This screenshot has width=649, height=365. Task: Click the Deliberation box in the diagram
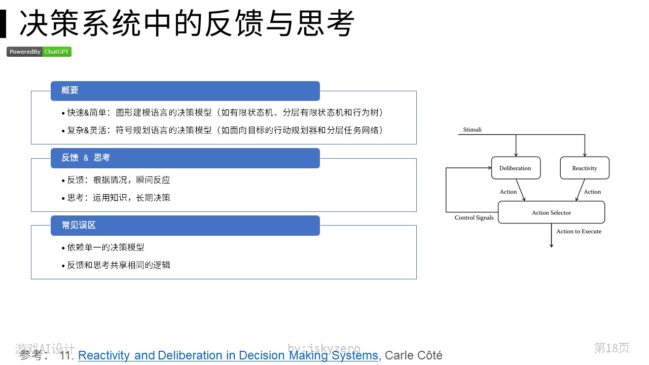[516, 168]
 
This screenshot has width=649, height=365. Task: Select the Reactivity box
[585, 168]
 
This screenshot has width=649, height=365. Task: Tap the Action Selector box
[551, 212]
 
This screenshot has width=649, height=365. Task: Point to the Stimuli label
[472, 130]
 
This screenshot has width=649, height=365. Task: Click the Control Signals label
[474, 218]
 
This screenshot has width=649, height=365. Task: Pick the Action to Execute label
[579, 232]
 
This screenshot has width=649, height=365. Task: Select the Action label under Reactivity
[592, 192]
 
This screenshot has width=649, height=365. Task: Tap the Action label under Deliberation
[508, 192]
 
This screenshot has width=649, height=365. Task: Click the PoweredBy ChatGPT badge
[39, 52]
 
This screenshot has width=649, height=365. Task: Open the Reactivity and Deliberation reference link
[228, 355]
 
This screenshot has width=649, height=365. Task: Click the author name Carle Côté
[413, 355]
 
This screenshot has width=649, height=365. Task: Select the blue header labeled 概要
[185, 91]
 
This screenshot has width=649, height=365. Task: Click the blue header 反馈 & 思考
[185, 158]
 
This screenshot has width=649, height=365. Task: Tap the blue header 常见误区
[185, 226]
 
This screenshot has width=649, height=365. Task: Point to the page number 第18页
[611, 348]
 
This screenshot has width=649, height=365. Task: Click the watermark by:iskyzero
[324, 348]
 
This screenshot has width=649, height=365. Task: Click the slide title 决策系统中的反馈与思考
[187, 23]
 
